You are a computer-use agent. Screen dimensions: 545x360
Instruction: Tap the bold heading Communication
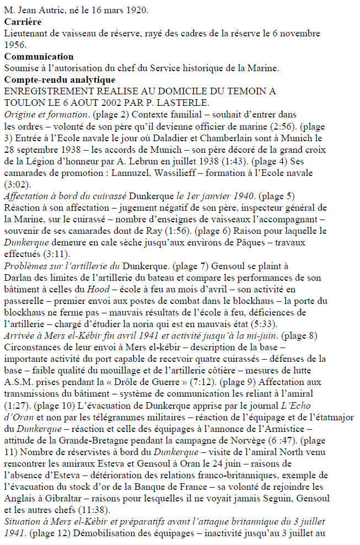tap(38, 57)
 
